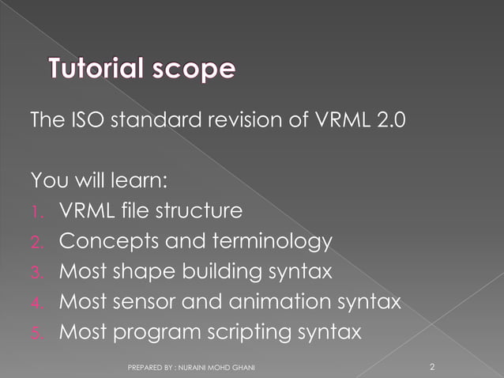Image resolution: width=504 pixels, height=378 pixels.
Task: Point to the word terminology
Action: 265,242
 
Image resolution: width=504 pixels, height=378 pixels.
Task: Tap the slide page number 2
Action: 432,367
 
